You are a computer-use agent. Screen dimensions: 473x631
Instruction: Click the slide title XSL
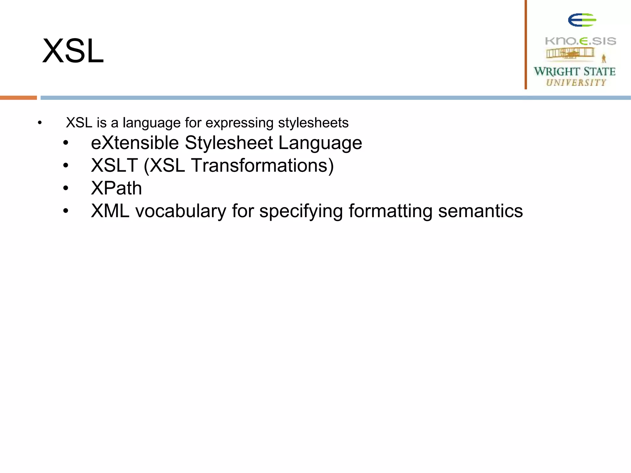pos(73,51)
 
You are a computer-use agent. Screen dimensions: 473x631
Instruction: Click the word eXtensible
pos(135,143)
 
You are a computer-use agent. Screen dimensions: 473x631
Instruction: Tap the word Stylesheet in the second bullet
pos(229,143)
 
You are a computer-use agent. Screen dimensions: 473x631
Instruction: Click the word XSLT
pos(114,166)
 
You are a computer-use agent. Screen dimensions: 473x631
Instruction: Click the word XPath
pos(116,188)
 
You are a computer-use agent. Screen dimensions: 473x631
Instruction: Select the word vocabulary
pos(181,211)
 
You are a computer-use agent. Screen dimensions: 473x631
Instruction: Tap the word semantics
pos(480,211)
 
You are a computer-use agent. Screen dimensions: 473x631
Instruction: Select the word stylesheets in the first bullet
pos(313,123)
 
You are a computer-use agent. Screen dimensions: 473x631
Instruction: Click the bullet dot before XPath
pos(66,188)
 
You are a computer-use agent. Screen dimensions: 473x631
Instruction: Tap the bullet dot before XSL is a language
pos(40,123)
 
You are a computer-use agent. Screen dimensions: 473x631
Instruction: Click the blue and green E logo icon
pos(582,20)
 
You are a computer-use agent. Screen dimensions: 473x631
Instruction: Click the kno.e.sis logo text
pos(580,41)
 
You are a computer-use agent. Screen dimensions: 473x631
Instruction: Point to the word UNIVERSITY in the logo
pos(576,83)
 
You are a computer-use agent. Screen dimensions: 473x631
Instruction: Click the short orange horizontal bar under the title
pos(18,98)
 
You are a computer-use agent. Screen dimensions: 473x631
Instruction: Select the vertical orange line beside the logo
pos(526,45)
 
